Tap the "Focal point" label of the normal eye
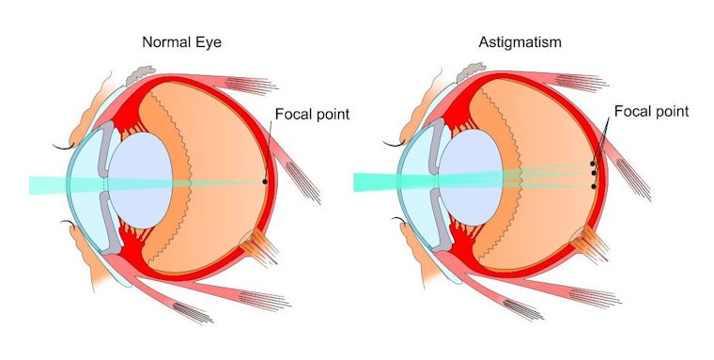[312, 115]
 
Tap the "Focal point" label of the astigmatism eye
[651, 111]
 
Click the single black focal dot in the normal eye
[266, 181]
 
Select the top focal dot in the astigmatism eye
[593, 164]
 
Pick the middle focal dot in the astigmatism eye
[594, 173]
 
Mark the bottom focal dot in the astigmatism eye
[594, 186]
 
